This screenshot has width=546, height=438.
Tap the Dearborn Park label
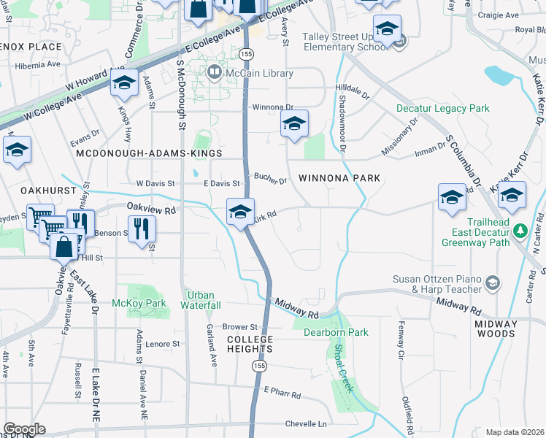336,332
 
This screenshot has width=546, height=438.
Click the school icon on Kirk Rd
240,212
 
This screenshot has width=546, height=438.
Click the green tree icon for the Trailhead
520,231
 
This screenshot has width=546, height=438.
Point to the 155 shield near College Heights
259,364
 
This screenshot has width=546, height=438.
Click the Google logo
23,429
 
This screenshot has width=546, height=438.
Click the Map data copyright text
514,432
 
